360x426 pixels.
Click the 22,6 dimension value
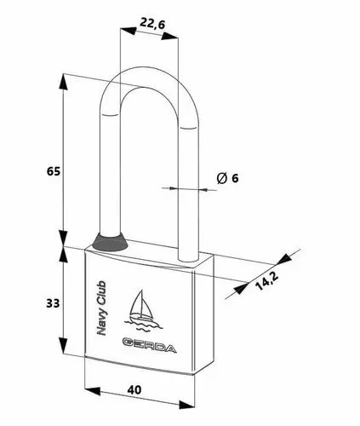pos(152,24)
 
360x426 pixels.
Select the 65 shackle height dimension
pos(54,171)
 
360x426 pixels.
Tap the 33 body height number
pos(53,303)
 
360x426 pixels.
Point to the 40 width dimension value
pos(134,390)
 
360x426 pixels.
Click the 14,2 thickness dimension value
pos(266,280)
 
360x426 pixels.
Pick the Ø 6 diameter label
pos(228,178)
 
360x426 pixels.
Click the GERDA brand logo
pos(150,344)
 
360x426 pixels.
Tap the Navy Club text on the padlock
pos(101,308)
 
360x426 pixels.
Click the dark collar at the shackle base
pos(110,242)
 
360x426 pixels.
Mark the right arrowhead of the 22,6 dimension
pos(170,36)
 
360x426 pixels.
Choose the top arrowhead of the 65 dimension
pos(64,82)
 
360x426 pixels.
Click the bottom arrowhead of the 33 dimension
pos(64,345)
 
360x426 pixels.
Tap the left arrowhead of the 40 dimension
pos(93,391)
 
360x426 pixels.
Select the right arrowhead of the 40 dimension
pos(187,405)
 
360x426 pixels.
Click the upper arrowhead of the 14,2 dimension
pos(284,258)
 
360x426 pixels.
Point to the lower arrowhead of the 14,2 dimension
pos(241,288)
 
